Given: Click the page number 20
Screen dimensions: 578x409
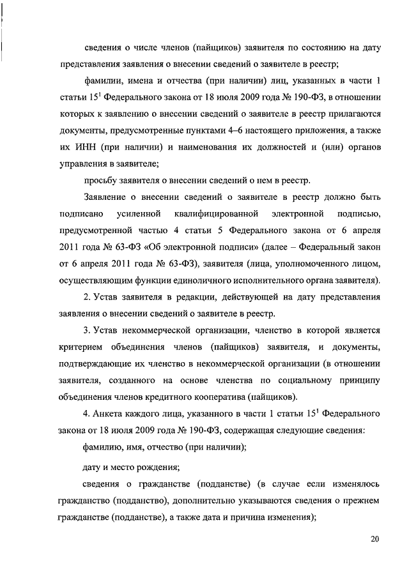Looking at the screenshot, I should click(374, 539).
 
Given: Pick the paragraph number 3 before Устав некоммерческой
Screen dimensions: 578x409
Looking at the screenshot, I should click(86, 330).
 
